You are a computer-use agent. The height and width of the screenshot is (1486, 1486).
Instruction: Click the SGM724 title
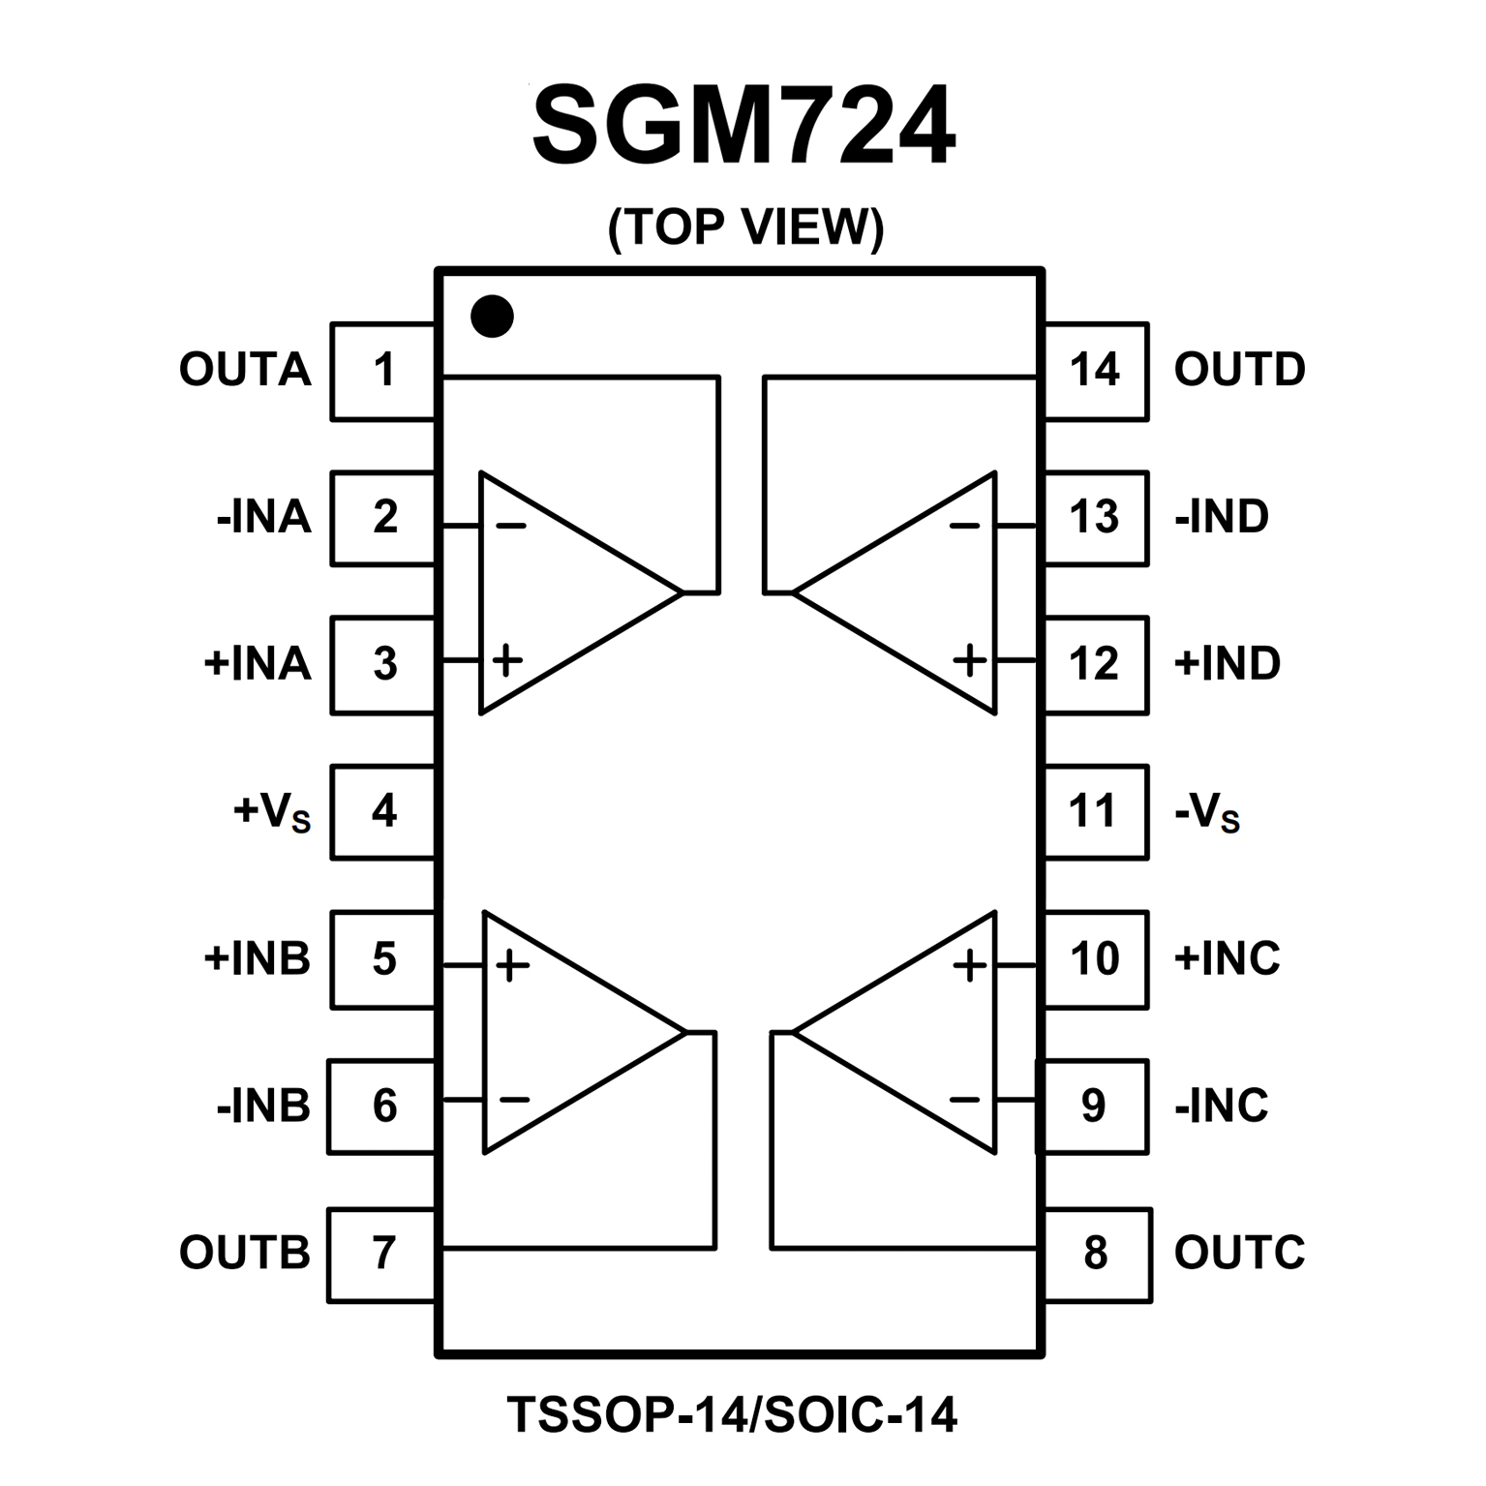pyautogui.click(x=743, y=127)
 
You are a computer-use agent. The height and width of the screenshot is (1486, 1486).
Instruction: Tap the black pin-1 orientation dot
pyautogui.click(x=492, y=316)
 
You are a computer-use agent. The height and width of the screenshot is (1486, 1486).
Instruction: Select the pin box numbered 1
pyautogui.click(x=383, y=371)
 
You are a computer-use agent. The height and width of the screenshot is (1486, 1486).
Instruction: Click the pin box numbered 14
pyautogui.click(x=1095, y=371)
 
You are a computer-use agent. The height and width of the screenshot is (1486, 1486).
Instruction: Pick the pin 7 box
pyautogui.click(x=383, y=1254)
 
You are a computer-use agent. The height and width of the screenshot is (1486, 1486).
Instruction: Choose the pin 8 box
pyautogui.click(x=1096, y=1254)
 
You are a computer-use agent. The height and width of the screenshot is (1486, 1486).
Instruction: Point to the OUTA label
pyautogui.click(x=245, y=370)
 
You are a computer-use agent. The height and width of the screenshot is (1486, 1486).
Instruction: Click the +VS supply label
pyautogui.click(x=272, y=811)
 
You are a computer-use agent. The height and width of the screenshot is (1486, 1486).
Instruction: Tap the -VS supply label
pyautogui.click(x=1206, y=811)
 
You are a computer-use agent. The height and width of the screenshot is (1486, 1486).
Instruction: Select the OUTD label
pyautogui.click(x=1239, y=370)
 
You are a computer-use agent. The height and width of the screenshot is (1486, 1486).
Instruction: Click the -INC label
pyautogui.click(x=1221, y=1106)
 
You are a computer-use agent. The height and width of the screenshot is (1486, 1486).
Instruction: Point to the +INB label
pyautogui.click(x=257, y=958)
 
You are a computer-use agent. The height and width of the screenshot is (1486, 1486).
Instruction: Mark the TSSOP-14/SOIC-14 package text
pyautogui.click(x=732, y=1414)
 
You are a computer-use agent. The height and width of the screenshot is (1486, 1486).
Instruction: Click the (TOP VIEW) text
pyautogui.click(x=745, y=227)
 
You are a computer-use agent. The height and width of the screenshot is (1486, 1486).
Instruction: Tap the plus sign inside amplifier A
pyautogui.click(x=507, y=660)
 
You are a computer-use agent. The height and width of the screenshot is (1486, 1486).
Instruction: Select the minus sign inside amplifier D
pyautogui.click(x=964, y=527)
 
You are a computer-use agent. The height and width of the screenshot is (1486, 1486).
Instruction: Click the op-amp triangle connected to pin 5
pyautogui.click(x=561, y=1032)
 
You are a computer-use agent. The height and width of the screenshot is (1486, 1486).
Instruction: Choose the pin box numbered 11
pyautogui.click(x=1095, y=811)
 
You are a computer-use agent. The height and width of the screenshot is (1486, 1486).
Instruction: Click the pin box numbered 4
pyautogui.click(x=383, y=811)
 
